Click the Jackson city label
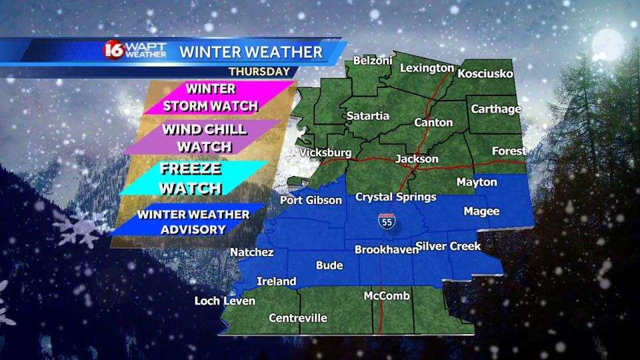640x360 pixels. coord(417,159)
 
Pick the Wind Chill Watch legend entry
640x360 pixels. coord(205,137)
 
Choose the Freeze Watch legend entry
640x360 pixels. coord(191,178)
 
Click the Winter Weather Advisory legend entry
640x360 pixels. coord(193,222)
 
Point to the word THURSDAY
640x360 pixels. coord(259,71)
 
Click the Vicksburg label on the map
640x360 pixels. coord(325,153)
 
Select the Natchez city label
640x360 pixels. coord(251,252)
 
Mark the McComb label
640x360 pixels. coord(387,295)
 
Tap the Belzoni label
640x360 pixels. coord(370,61)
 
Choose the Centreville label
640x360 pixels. coord(298,318)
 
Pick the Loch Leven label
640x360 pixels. coord(225,301)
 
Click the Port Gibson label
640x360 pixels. coord(311,200)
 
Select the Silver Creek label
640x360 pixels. coord(449,247)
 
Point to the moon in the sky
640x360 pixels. coord(609,43)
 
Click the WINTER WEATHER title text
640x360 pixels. coord(251,51)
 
